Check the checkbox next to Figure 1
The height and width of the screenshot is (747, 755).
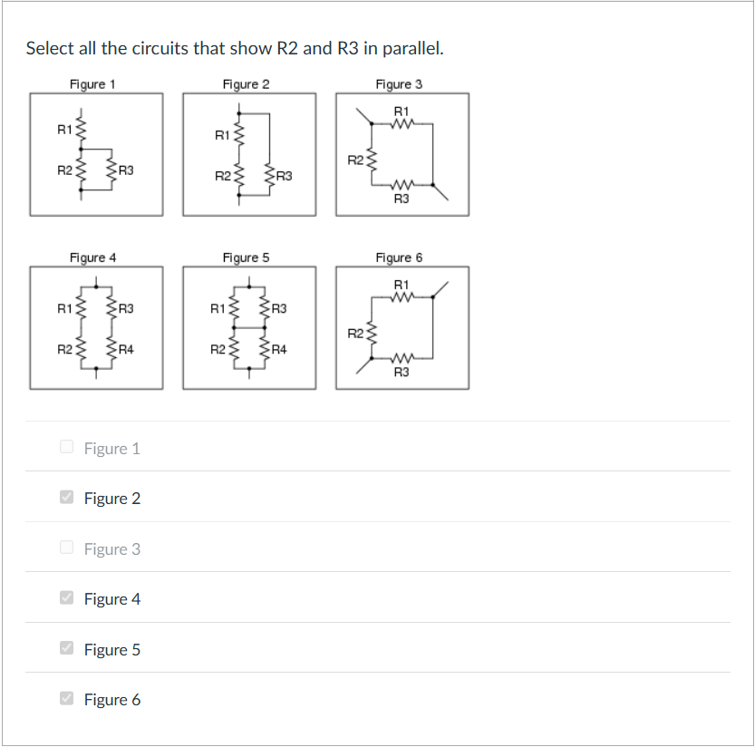66,447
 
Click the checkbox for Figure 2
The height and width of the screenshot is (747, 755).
66,498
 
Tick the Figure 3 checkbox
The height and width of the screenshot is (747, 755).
66,548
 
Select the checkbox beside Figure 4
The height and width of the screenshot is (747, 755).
66,598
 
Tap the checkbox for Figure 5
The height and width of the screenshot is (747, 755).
66,648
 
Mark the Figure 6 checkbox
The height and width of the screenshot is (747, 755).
66,699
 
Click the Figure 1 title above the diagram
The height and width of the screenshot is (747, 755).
92,84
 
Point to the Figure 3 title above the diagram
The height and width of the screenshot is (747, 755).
399,84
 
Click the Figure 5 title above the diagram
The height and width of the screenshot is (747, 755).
246,257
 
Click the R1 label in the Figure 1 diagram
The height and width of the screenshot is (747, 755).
63,130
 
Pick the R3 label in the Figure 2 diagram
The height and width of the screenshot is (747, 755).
284,175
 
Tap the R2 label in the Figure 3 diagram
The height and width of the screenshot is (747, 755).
355,160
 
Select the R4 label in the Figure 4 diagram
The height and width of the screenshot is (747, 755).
126,348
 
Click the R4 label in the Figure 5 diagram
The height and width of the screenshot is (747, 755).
279,348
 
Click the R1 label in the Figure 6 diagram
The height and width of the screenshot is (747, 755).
402,285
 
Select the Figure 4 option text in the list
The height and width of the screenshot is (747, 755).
112,599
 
